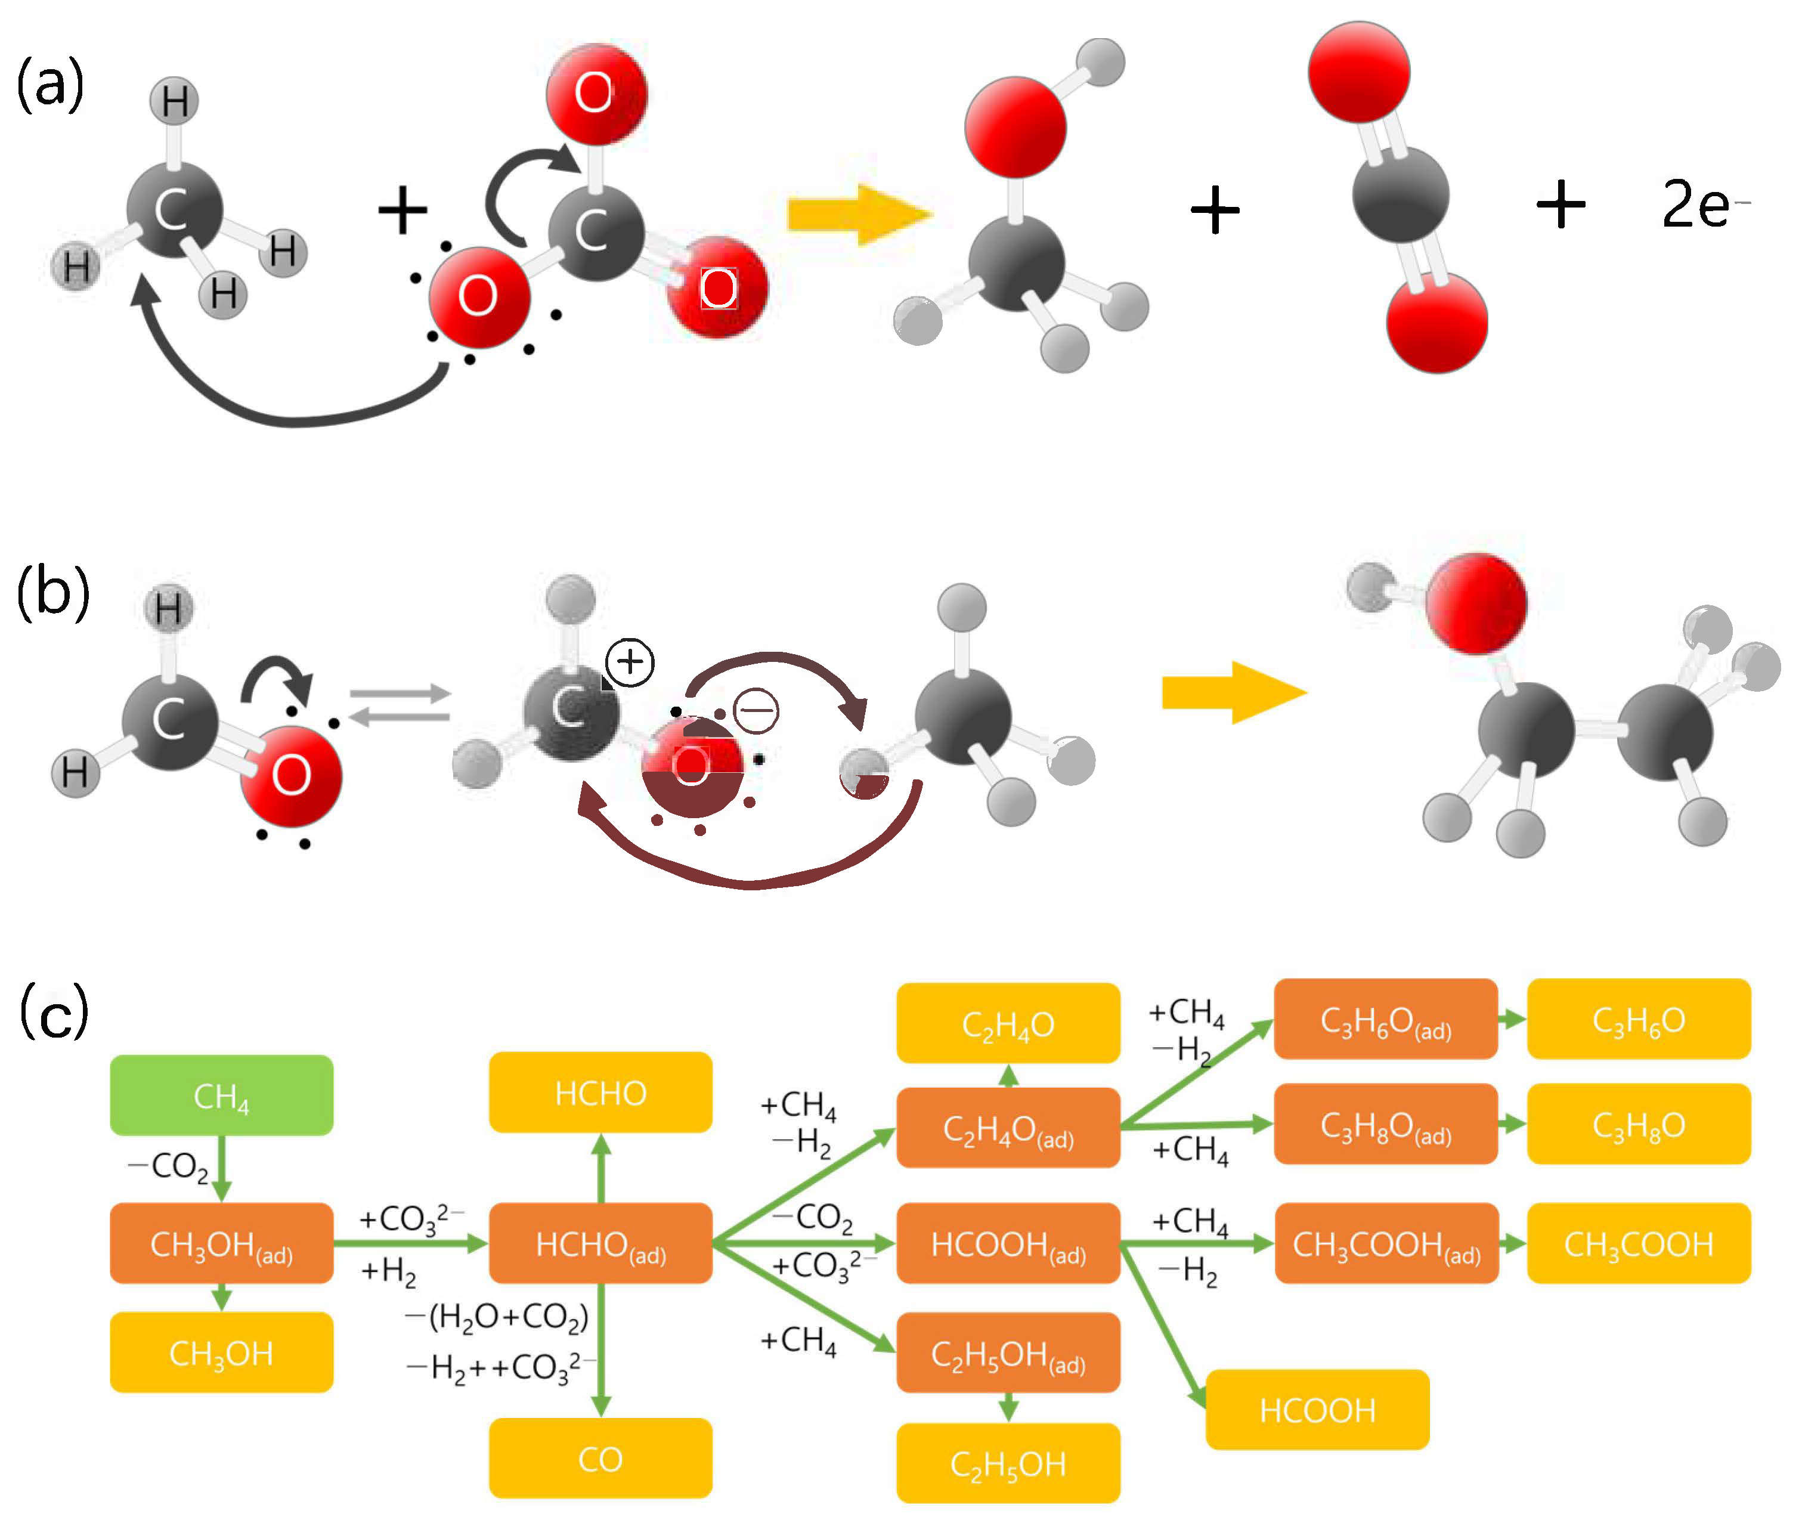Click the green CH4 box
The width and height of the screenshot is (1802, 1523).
221,1095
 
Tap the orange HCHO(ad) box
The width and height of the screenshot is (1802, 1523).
600,1243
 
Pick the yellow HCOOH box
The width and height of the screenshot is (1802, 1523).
1317,1410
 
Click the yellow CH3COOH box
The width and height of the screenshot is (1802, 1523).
1638,1243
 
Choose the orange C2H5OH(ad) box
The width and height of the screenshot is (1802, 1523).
1008,1353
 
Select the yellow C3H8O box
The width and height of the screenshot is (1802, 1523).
1638,1124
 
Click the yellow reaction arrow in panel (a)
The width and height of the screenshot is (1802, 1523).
859,214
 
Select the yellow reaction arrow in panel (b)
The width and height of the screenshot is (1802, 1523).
1233,692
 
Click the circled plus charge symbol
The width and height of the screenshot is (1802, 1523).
630,662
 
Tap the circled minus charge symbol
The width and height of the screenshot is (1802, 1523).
756,711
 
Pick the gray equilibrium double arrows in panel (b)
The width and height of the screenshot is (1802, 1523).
400,704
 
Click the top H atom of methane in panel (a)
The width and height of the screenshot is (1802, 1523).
174,101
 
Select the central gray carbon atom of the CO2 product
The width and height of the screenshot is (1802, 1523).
1400,194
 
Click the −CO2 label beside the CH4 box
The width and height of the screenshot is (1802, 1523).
169,1166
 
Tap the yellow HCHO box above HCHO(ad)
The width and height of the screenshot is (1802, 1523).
600,1092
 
